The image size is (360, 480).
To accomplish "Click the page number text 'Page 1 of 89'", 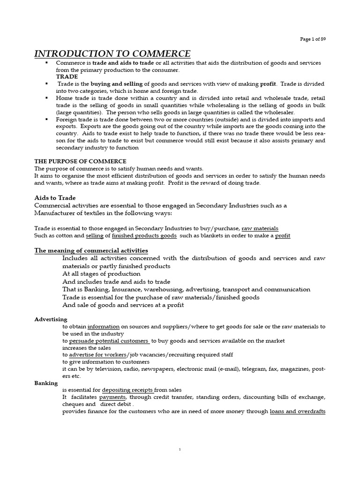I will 313,39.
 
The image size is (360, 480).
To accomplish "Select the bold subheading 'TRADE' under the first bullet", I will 67,76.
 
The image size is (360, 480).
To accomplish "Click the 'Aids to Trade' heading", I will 55,198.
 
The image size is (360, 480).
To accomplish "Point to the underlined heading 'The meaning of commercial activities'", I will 91,250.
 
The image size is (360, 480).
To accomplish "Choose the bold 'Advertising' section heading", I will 51,319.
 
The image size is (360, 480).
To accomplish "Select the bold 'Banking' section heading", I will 46,383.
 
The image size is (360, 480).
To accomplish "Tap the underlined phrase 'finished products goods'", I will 144,235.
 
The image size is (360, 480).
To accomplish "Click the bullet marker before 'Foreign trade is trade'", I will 47,119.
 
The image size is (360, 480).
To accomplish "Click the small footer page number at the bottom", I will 180,450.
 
